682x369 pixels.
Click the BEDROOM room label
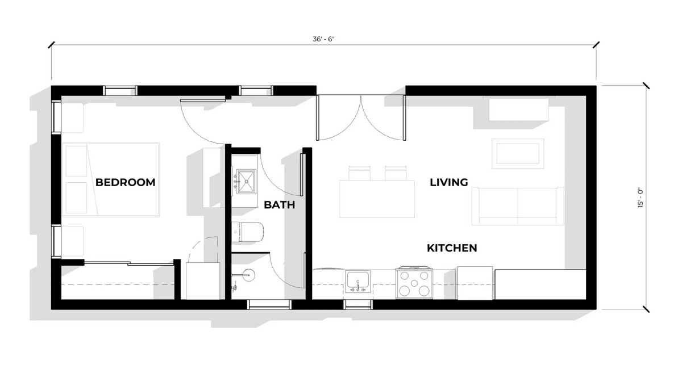point(125,182)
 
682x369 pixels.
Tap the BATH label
point(280,205)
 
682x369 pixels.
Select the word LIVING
point(449,182)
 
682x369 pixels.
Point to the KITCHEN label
point(452,248)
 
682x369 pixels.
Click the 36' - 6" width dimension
point(324,40)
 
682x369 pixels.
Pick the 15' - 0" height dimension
point(641,198)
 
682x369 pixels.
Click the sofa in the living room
point(518,206)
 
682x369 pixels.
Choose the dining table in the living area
point(377,198)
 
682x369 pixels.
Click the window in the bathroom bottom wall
point(269,305)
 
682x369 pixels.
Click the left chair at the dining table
point(359,173)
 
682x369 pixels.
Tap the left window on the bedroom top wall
point(120,90)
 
